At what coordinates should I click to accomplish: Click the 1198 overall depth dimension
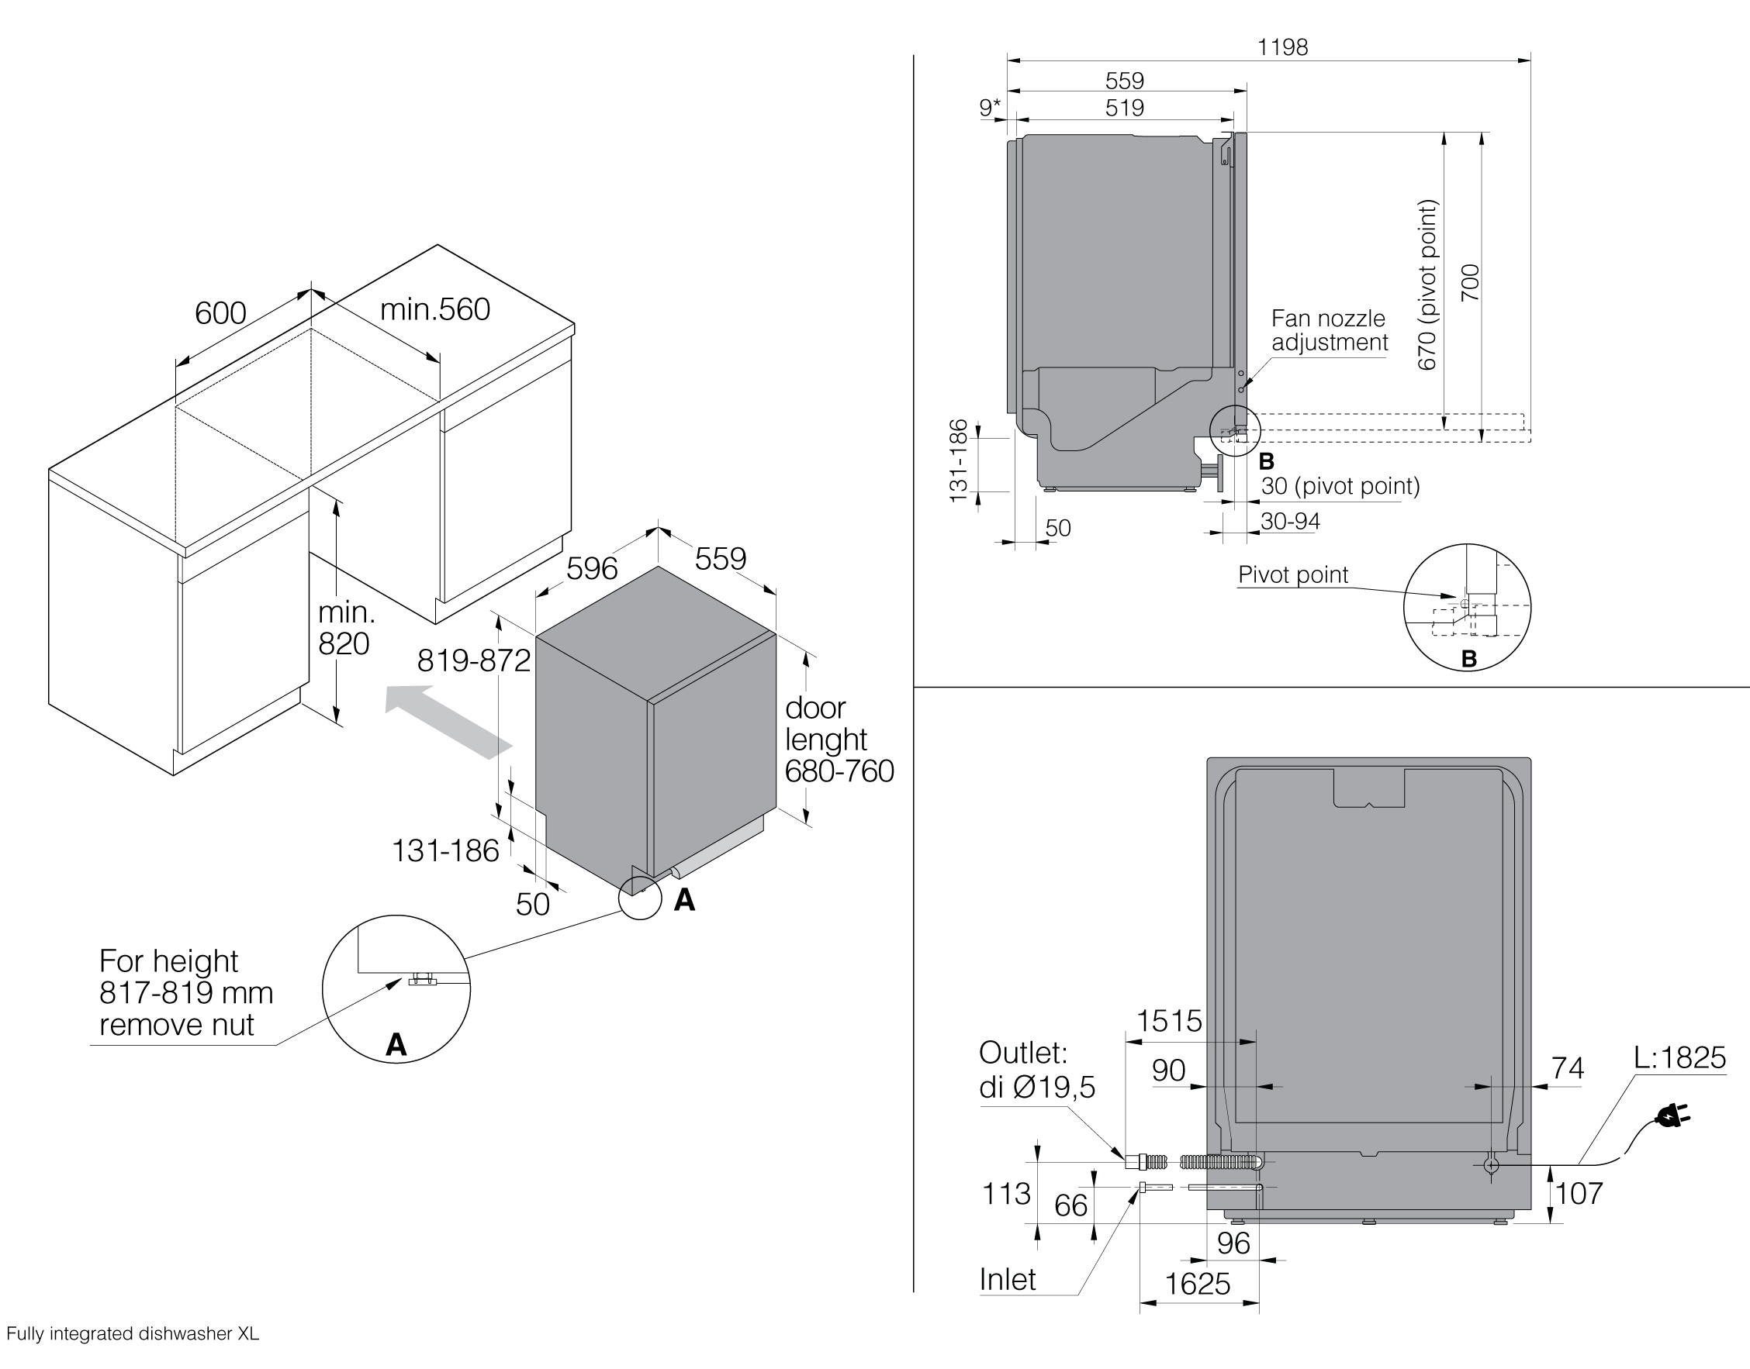(x=1282, y=47)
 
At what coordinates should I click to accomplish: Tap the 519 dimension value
(x=1125, y=108)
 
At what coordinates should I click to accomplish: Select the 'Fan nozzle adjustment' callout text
(x=1329, y=330)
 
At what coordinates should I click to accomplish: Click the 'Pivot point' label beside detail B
(x=1293, y=574)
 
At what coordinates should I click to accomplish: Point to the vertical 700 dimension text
(x=1469, y=283)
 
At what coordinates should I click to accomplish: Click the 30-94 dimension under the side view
(x=1290, y=521)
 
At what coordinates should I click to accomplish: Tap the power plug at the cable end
(x=1673, y=1115)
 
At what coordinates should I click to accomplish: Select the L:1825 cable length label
(x=1679, y=1058)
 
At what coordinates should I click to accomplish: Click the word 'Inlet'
(x=1008, y=1280)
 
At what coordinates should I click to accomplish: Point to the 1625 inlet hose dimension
(x=1197, y=1284)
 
